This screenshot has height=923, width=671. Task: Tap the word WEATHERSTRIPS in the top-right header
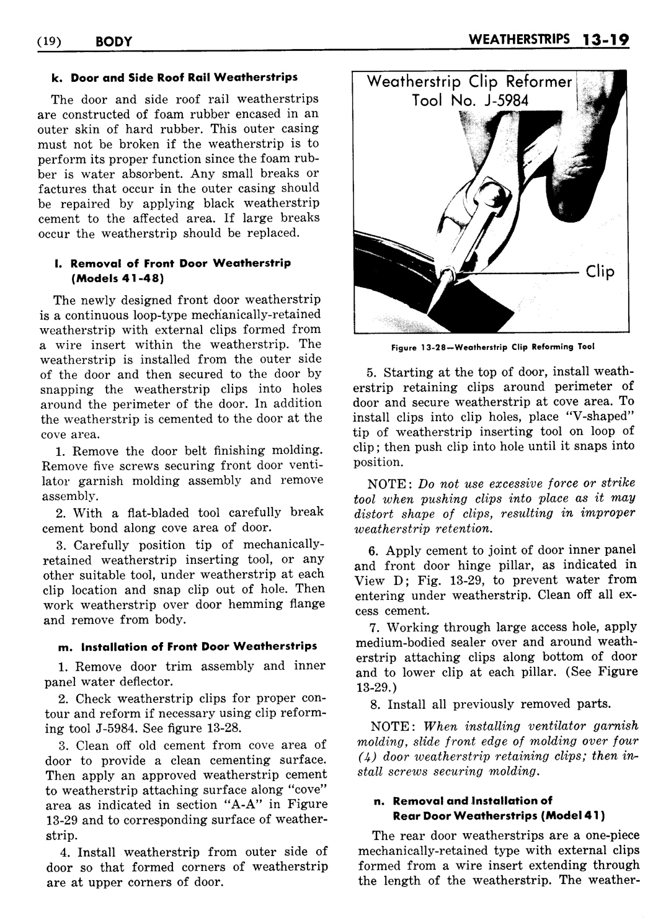click(520, 40)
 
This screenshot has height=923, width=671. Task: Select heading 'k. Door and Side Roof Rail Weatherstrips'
click(175, 78)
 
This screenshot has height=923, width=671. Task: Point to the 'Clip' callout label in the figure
click(600, 272)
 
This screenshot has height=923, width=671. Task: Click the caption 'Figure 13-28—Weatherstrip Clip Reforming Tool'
click(492, 347)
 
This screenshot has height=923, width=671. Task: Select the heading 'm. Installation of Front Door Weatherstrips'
click(187, 646)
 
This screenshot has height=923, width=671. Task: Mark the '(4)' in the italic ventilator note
click(363, 756)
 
